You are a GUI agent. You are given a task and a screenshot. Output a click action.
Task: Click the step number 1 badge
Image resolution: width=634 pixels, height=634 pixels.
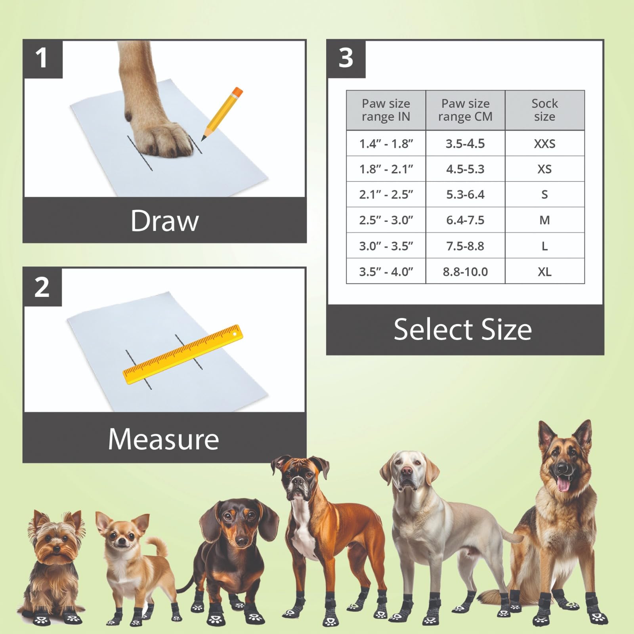pos(42,59)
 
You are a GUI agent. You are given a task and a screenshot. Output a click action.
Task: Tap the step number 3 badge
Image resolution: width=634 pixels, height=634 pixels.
pos(346,59)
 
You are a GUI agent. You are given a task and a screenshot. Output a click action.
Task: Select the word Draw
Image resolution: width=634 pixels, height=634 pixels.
pos(164,221)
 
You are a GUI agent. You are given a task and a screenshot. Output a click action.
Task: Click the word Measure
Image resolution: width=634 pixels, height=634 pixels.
pos(163,439)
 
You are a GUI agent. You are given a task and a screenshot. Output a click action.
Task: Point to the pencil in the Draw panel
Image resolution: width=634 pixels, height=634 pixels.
pos(222,113)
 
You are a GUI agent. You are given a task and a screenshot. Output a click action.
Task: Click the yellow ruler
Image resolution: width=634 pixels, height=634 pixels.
pos(183,354)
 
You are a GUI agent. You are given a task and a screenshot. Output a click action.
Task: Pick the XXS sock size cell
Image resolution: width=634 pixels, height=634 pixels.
pos(544,143)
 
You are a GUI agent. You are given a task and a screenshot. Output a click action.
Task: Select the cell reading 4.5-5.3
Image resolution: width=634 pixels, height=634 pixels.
pos(465,169)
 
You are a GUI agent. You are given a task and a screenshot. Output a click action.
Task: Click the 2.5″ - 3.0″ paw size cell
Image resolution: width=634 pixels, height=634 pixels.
pos(386,220)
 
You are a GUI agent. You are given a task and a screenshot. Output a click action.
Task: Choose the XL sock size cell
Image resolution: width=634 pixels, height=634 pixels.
pos(544,272)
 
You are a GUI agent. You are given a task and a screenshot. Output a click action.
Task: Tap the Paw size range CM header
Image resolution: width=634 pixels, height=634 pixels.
pos(465,110)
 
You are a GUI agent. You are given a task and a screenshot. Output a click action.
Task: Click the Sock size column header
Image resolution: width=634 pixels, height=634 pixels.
pos(544,110)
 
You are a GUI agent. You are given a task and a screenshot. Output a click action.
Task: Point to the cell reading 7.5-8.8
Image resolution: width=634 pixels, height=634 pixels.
pos(465,246)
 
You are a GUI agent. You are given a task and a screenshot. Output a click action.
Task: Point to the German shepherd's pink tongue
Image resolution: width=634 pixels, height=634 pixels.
pos(563,485)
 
